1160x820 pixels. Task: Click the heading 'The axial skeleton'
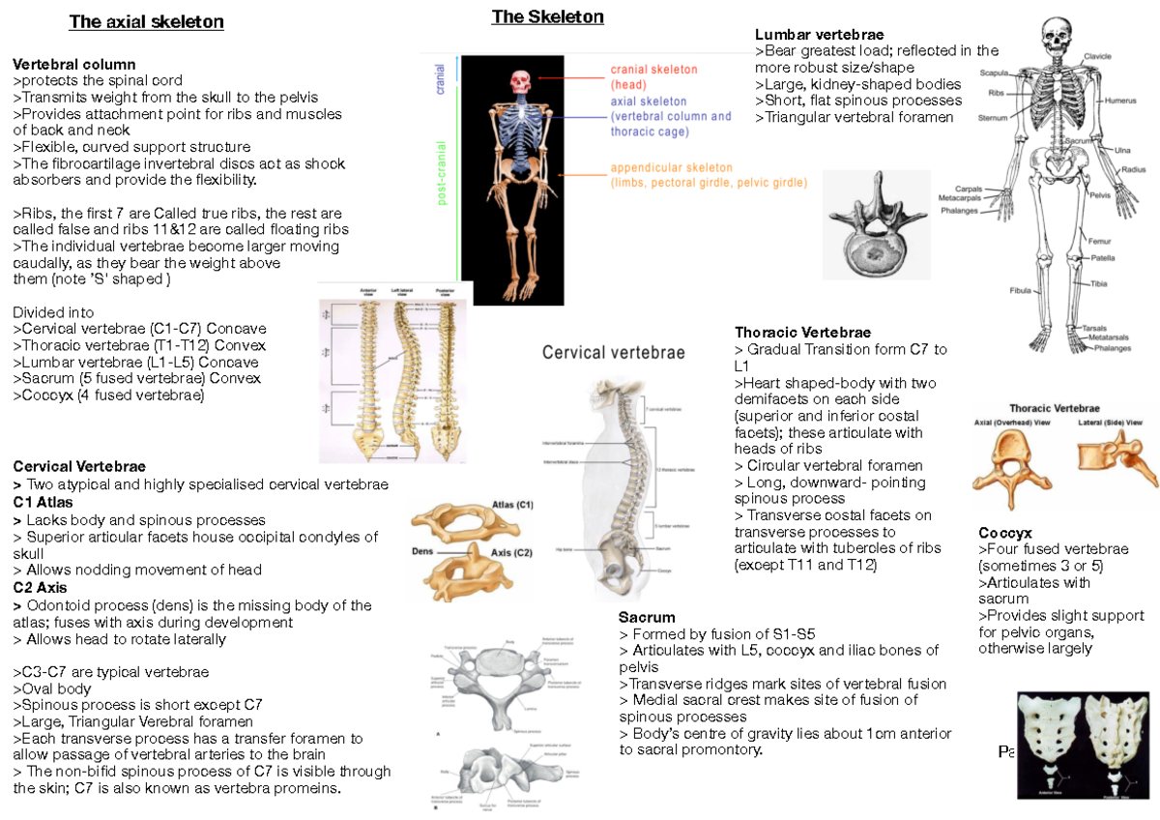point(146,22)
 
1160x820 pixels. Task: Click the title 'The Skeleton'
point(547,16)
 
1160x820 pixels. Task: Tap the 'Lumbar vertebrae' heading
point(819,35)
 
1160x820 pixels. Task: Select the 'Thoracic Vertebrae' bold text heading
point(802,333)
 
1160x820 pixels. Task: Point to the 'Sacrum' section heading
point(647,617)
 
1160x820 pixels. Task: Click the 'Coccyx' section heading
point(1004,533)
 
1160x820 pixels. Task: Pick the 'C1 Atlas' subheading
point(43,503)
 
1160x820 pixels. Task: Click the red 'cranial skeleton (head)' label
point(652,76)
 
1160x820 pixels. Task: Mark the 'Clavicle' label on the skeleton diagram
point(1097,56)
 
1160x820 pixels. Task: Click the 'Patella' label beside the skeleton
point(1103,258)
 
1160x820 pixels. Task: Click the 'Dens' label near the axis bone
point(423,551)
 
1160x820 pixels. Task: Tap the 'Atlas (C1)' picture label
point(512,505)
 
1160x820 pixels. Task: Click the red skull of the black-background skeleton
point(523,81)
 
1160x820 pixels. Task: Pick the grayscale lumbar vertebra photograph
point(876,224)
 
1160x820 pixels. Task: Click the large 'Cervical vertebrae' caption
point(613,353)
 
